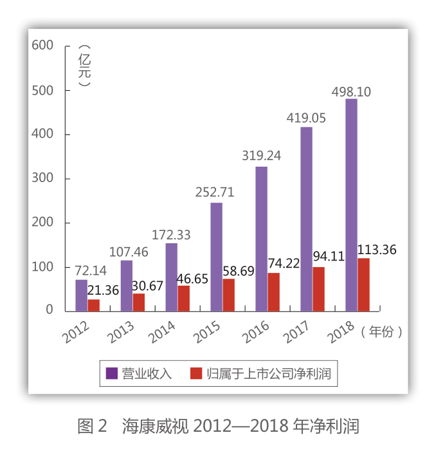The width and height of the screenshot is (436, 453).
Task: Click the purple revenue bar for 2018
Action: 351,205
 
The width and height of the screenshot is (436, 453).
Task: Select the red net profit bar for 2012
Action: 94,305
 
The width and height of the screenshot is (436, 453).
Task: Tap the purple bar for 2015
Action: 216,257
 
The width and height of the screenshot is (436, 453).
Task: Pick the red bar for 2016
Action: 274,291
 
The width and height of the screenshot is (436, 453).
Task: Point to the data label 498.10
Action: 351,92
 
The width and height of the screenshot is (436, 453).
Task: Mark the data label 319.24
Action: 261,156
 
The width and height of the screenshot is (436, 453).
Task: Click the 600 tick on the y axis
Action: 41,45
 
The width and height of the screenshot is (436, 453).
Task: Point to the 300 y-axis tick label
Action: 41,178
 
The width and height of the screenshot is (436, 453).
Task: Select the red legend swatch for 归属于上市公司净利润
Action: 197,373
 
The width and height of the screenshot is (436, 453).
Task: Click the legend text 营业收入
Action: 147,373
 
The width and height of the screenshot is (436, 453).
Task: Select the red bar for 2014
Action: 184,299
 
